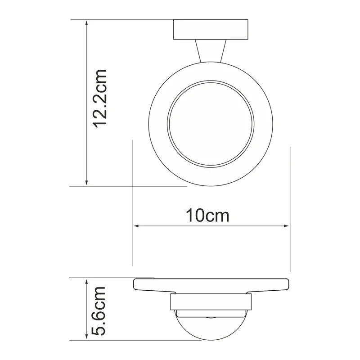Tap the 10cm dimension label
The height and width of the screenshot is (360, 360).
click(208, 216)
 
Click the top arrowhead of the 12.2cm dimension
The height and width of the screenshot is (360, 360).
click(86, 22)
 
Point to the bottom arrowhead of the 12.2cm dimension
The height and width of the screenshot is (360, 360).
click(86, 183)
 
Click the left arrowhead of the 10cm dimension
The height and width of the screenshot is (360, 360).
click(135, 226)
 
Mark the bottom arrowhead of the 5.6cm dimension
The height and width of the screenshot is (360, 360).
click(86, 337)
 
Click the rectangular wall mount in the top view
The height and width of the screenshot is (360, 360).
click(211, 30)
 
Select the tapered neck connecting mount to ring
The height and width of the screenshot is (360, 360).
click(210, 50)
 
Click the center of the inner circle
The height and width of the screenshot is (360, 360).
click(211, 125)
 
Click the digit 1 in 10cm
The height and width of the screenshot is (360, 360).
click(190, 216)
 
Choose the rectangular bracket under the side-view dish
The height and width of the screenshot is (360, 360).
click(211, 302)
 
